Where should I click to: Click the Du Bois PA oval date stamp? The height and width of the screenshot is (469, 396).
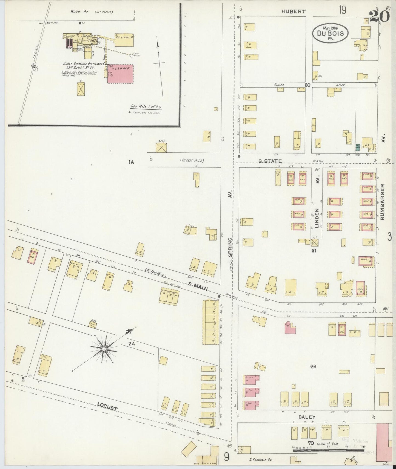(x=331, y=32)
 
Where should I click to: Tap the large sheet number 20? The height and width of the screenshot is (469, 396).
(x=379, y=16)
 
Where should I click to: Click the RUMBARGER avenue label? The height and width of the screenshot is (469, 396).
(x=383, y=202)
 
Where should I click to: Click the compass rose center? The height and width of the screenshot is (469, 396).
(x=104, y=349)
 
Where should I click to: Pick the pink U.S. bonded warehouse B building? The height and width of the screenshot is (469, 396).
(x=120, y=74)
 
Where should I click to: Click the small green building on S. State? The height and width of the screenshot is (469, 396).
(x=358, y=148)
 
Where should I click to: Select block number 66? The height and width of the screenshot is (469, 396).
(x=313, y=366)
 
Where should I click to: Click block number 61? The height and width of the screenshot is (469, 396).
(x=314, y=250)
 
